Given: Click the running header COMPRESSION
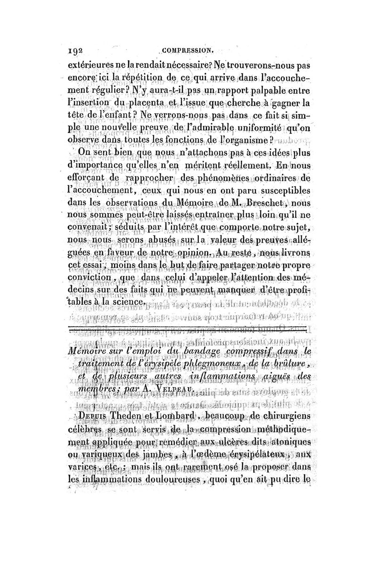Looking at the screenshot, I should click(188, 48).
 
